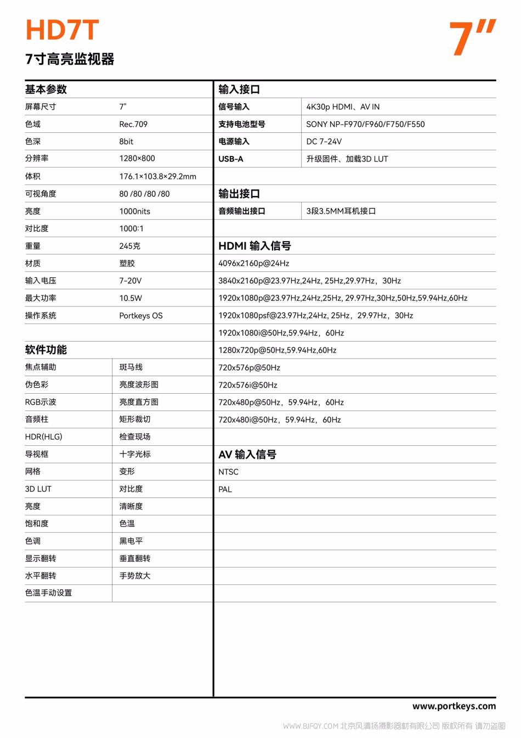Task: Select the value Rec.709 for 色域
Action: (133, 124)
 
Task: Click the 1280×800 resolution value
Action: (137, 158)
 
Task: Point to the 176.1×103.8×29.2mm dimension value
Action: (157, 176)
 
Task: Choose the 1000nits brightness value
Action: (134, 211)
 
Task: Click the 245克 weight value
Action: (130, 246)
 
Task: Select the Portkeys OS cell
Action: (141, 316)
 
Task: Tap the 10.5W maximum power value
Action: (131, 298)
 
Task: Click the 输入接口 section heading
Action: (239, 90)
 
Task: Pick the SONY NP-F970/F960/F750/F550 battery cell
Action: (365, 124)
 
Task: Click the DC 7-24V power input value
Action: (324, 142)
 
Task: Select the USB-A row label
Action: (231, 159)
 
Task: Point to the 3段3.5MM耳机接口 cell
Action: (341, 211)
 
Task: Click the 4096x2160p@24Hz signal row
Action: (253, 264)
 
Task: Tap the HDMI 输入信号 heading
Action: (254, 246)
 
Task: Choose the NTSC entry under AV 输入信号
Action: (229, 472)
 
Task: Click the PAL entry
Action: (225, 489)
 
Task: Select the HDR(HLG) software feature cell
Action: (44, 437)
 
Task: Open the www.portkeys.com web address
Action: (454, 706)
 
